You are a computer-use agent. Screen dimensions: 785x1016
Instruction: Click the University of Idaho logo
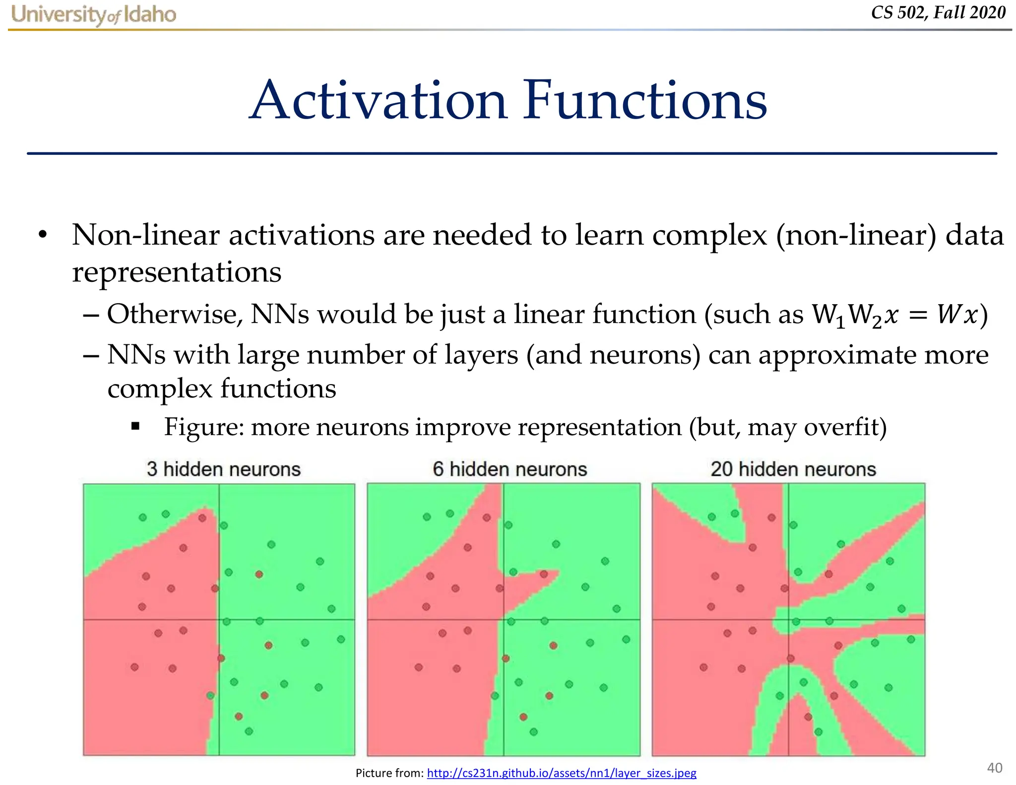pos(93,14)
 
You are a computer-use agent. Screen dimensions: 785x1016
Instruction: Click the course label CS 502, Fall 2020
pos(938,12)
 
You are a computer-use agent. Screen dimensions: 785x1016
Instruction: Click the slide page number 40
pos(994,768)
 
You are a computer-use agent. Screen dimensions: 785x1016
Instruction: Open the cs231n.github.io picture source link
pos(561,773)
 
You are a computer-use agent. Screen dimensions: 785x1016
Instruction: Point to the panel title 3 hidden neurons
pos(223,469)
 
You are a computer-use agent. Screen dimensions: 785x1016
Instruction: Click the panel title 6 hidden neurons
pos(509,469)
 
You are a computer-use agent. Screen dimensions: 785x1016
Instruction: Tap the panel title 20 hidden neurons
pos(793,469)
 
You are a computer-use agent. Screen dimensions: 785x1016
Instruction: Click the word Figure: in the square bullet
pos(204,427)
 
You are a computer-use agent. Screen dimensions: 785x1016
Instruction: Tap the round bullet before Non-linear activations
pos(43,235)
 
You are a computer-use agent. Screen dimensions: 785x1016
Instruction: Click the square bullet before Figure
pos(135,426)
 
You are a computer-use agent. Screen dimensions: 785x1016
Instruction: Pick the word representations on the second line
pos(177,272)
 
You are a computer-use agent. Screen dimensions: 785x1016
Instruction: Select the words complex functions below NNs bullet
pos(222,389)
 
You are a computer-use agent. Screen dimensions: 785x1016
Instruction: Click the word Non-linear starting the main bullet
pos(145,235)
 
